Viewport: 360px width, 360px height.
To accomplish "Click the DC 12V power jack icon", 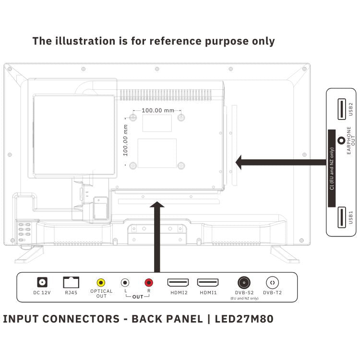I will click(42, 282).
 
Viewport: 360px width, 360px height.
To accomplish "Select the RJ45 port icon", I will click(71, 282).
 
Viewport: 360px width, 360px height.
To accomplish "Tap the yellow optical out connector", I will click(101, 283).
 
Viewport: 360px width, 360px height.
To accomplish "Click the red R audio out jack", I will click(148, 283).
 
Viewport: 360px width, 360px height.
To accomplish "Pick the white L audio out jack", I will click(125, 283).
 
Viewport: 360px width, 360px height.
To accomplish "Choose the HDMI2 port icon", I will click(178, 283).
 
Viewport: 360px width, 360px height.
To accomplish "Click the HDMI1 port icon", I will click(208, 283).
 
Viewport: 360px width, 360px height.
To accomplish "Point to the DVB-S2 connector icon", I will click(244, 282).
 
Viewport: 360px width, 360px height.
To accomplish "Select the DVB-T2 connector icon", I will click(273, 283).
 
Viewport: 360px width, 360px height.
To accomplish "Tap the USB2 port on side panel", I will click(340, 108).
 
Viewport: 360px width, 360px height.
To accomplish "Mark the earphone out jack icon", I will click(341, 141).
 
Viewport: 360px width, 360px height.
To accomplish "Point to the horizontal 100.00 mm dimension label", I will click(158, 110).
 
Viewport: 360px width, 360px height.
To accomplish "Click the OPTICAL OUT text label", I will click(101, 293).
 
